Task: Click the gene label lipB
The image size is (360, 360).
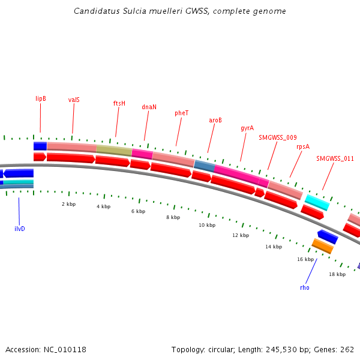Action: (41, 98)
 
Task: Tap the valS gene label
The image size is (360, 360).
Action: (74, 100)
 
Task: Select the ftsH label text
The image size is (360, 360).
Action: (119, 103)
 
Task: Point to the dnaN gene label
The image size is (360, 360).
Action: (149, 107)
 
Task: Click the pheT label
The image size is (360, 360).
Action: (182, 113)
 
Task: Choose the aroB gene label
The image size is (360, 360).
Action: (215, 120)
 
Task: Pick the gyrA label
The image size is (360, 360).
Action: (247, 128)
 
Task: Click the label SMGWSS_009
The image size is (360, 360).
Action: (277, 137)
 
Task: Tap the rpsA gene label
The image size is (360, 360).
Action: (303, 146)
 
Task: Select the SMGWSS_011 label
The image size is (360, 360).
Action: (335, 159)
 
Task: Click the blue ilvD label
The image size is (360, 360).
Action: (20, 229)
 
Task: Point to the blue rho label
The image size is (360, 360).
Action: (305, 287)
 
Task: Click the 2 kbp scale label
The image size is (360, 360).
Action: (68, 204)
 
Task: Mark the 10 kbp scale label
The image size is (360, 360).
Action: (206, 225)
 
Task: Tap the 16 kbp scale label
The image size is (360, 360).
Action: (305, 259)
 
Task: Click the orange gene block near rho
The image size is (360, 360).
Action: (323, 245)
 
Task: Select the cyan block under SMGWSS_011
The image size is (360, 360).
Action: (317, 202)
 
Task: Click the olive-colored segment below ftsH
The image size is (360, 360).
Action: (114, 150)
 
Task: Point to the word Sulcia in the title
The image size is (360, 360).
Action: (123, 11)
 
